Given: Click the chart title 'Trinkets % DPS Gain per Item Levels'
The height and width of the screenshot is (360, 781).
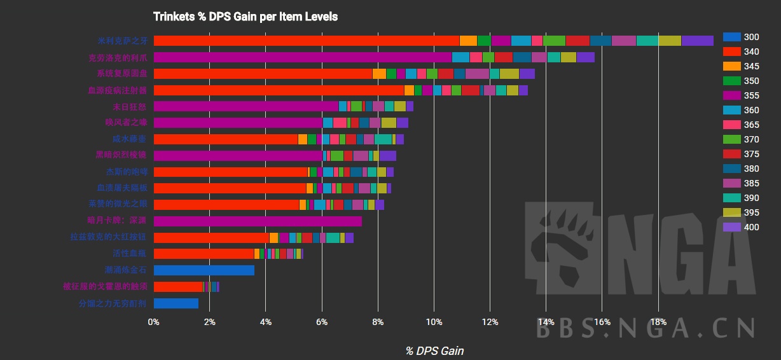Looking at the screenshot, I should click(245, 17).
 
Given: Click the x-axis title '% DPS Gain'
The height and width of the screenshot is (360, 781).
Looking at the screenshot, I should click(434, 350).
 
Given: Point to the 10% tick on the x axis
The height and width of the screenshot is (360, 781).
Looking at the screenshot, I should click(434, 322).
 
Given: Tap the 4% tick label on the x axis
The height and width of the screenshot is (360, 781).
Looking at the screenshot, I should click(266, 322).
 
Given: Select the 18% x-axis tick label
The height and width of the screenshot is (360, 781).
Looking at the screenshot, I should click(658, 322).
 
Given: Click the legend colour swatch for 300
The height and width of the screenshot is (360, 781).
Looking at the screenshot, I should click(732, 37).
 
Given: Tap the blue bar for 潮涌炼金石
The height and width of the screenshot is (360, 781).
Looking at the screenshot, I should click(204, 270).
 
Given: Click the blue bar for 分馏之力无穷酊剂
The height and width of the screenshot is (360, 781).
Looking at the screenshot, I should click(176, 303).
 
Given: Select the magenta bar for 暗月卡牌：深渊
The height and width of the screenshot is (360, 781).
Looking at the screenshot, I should click(258, 221).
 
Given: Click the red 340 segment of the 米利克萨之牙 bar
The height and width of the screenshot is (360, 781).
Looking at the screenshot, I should click(305, 41).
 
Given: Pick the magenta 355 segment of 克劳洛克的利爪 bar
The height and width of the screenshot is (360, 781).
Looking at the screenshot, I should click(302, 57).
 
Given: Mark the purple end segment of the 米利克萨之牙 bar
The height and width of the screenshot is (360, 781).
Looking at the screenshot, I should click(697, 41).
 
